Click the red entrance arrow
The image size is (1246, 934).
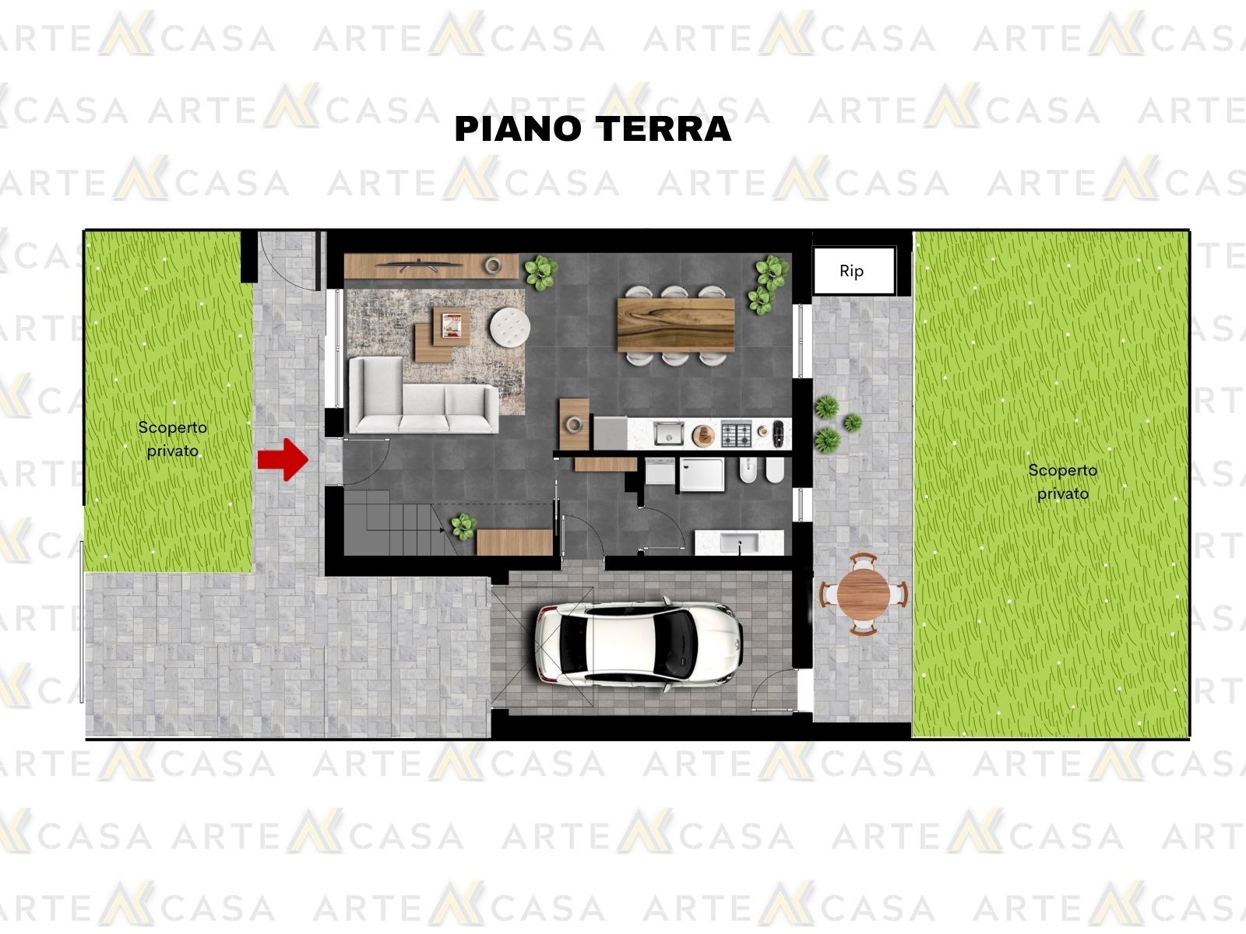[x=283, y=459]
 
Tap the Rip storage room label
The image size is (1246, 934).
[x=851, y=271]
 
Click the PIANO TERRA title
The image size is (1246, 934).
[x=593, y=128]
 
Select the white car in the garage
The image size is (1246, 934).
[x=639, y=643]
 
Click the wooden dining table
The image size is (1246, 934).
[x=675, y=325]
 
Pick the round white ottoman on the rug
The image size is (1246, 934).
[x=510, y=327]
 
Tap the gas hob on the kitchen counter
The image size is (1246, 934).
[x=736, y=434]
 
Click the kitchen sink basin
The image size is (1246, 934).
[x=669, y=434]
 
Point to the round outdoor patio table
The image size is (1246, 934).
[x=864, y=594]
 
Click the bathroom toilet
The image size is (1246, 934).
[x=775, y=471]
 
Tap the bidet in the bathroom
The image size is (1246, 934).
[x=748, y=471]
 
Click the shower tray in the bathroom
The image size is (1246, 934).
[x=702, y=474]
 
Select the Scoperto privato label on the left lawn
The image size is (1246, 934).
[x=173, y=439]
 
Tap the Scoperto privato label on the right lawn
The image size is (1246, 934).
[x=1063, y=482]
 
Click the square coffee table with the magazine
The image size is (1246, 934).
[x=451, y=326]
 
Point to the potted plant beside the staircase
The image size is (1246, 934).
[x=464, y=526]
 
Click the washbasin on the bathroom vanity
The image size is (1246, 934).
[x=739, y=543]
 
